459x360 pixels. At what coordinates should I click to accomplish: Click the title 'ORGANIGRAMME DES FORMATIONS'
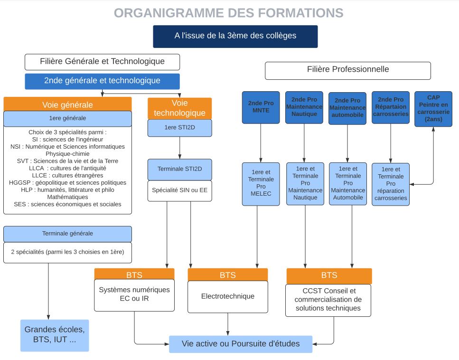(229, 13)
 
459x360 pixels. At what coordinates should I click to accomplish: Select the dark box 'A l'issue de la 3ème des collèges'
(235, 36)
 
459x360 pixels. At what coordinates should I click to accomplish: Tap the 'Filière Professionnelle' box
(348, 71)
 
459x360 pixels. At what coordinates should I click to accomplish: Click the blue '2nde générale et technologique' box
(102, 81)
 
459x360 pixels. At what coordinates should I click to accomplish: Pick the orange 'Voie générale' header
(67, 104)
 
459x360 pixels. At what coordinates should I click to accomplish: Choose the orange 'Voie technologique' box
(180, 108)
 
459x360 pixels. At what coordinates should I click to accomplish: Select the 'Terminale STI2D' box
(180, 169)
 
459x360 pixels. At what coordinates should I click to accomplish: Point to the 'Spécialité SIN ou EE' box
(180, 191)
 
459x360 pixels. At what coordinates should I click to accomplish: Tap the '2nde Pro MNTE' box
(261, 107)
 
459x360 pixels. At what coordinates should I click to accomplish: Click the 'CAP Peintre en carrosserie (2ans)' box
(433, 109)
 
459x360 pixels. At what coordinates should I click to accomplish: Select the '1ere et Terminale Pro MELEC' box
(261, 184)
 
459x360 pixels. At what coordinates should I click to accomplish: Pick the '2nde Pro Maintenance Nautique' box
(304, 107)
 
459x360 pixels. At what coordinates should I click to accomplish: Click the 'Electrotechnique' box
(228, 296)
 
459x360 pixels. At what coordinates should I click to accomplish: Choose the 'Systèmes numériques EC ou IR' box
(134, 295)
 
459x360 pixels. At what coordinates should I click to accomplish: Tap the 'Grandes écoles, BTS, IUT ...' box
(55, 335)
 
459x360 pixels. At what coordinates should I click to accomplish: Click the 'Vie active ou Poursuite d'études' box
(241, 344)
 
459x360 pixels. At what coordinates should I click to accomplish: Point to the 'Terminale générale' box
(67, 234)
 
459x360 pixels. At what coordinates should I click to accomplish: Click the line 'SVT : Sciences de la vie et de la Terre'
(67, 161)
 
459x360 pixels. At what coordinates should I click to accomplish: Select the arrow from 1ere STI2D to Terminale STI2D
(180, 148)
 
